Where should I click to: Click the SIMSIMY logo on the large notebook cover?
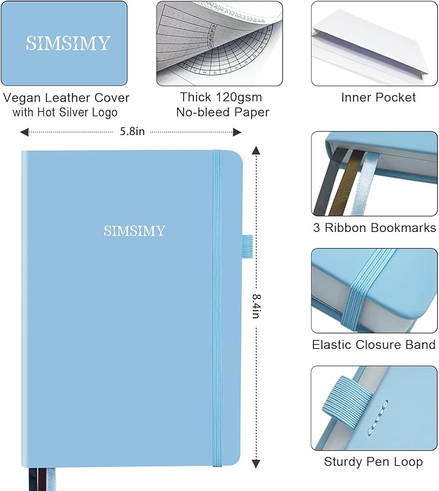coord(134,231)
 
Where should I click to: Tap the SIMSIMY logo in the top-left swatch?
coord(68,43)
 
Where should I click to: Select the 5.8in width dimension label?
coord(133,132)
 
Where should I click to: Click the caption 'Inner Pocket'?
coord(378,98)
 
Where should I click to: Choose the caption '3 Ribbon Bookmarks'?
coord(374,227)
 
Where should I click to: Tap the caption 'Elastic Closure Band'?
coord(374,344)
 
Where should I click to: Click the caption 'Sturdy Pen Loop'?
coord(373,461)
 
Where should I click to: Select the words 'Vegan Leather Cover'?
coord(67,98)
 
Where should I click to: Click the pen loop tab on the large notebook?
coord(247,244)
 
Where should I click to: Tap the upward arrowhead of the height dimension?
coord(256,152)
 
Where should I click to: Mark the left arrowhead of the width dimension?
coord(24,132)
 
